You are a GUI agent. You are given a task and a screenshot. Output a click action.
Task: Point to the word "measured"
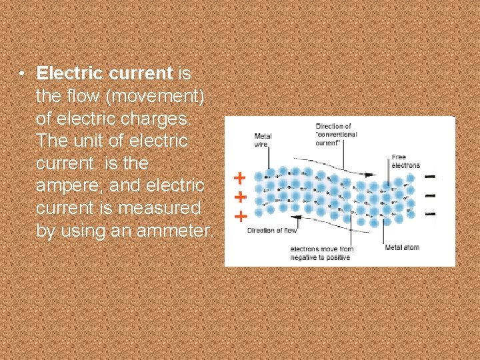click(159, 209)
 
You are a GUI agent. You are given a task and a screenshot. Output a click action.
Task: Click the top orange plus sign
click(239, 178)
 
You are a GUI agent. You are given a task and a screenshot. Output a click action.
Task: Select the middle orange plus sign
click(239, 197)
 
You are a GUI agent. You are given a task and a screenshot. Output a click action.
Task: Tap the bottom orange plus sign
click(239, 216)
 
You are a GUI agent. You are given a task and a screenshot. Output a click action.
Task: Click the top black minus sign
click(431, 177)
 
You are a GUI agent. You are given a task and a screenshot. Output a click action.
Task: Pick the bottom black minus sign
click(431, 214)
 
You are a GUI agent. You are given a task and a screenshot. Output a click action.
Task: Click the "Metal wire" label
click(263, 140)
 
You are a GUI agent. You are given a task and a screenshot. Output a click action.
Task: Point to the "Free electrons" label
click(406, 161)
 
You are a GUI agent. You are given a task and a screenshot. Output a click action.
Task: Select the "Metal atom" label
click(402, 248)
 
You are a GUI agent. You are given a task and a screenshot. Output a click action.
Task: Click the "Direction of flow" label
click(272, 231)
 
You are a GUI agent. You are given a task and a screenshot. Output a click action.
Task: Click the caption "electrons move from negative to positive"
click(321, 253)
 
